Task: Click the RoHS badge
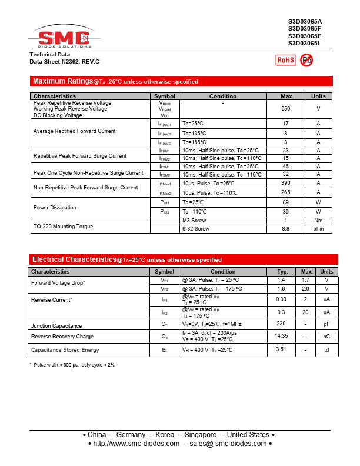286,60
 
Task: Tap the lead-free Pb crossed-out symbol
306,60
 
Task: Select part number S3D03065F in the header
305,28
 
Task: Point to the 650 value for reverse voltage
286,109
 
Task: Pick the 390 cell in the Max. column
286,184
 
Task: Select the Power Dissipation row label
55,208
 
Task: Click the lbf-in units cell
318,229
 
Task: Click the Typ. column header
282,272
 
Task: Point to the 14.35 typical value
281,335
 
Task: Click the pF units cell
326,324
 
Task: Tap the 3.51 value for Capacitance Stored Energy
281,349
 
